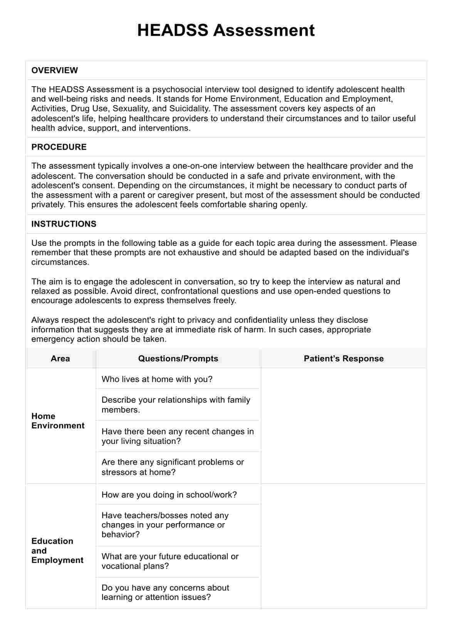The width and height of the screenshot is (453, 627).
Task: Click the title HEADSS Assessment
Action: pyautogui.click(x=226, y=30)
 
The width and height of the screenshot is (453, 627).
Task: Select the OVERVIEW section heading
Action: pyautogui.click(x=55, y=70)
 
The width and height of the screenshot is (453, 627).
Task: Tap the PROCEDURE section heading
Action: pyautogui.click(x=59, y=147)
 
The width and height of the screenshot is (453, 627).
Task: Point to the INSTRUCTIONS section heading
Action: pyautogui.click(x=64, y=224)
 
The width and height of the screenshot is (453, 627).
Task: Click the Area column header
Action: pyautogui.click(x=60, y=359)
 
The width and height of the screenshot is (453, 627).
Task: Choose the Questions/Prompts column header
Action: pyautogui.click(x=178, y=359)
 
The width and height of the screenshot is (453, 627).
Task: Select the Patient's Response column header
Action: pyautogui.click(x=344, y=359)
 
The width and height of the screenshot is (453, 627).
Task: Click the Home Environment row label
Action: pyautogui.click(x=58, y=421)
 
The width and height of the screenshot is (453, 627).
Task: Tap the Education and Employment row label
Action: pyautogui.click(x=57, y=550)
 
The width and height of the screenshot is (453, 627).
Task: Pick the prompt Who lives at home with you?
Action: pyautogui.click(x=157, y=379)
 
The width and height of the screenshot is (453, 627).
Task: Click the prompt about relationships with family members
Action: pyautogui.click(x=176, y=405)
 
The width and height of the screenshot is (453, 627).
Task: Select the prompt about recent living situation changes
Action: pyautogui.click(x=178, y=436)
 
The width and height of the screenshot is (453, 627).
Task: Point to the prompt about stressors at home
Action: pyautogui.click(x=173, y=467)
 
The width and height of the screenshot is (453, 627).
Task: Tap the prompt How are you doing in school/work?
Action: pyautogui.click(x=169, y=495)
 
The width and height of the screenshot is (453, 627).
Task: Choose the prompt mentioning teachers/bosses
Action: pyautogui.click(x=165, y=525)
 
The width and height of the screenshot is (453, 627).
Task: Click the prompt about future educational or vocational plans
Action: pyautogui.click(x=170, y=561)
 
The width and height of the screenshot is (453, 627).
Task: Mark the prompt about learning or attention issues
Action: pyautogui.click(x=165, y=592)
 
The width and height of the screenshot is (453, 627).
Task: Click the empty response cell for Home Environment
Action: pyautogui.click(x=344, y=425)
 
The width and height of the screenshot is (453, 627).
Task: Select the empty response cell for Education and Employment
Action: pyautogui.click(x=344, y=546)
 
